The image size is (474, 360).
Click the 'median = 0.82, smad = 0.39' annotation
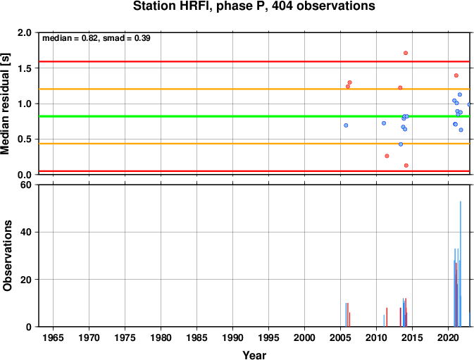pos(96,38)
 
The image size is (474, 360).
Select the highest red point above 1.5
pos(406,54)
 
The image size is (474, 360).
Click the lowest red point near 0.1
pos(406,166)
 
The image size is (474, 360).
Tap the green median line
pos(254,116)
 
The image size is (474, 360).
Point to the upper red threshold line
pos(254,62)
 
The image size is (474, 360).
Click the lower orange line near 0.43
pos(254,144)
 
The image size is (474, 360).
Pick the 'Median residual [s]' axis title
pos(6,104)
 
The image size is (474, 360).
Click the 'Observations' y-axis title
pos(7,256)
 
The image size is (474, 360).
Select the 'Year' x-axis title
pos(254,355)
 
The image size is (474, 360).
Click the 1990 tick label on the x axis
pos(232,337)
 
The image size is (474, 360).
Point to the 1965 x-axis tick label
pos(54,337)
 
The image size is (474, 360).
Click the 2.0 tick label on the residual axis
pos(25,32)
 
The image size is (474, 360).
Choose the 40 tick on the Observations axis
pos(26,232)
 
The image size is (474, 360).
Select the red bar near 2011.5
pos(387,318)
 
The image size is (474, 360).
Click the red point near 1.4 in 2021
pos(456,75)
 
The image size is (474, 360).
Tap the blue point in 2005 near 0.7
pos(346,125)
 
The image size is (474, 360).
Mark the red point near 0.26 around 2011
pos(387,156)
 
